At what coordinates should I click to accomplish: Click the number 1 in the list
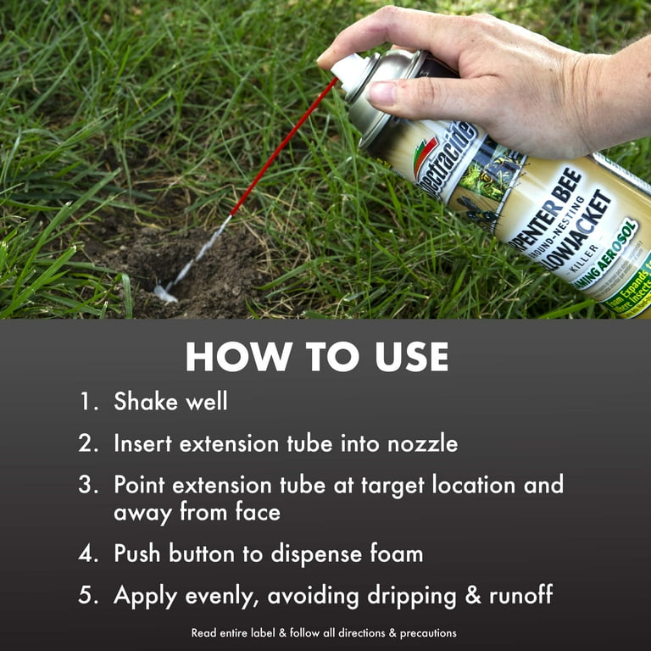87,402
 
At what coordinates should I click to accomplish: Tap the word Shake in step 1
146,402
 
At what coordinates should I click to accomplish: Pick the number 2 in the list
87,443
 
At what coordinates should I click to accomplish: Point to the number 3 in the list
87,486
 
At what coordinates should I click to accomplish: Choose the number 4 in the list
87,554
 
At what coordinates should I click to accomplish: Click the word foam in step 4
388,554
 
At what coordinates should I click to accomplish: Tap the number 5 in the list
87,596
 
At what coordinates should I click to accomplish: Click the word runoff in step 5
520,596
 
